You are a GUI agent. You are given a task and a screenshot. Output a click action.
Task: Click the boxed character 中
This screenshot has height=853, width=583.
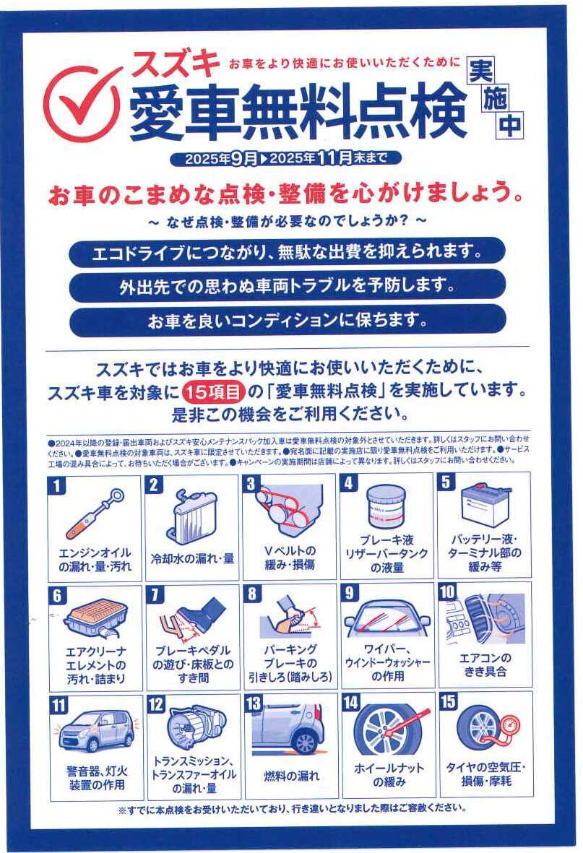510,125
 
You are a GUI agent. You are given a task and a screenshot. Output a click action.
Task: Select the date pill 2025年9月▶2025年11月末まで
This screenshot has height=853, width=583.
286,158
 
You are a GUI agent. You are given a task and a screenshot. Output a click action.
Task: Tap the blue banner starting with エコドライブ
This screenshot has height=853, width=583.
288,252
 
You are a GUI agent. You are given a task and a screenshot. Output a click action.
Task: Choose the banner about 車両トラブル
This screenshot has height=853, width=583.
288,286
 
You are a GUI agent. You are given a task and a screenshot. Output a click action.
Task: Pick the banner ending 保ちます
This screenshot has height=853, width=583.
288,321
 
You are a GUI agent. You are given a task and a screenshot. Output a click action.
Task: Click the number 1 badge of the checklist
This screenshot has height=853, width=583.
56,485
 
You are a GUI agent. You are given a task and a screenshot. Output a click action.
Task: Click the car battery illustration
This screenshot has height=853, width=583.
485,505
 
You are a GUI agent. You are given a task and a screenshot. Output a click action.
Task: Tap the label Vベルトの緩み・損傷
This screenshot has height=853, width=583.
289,558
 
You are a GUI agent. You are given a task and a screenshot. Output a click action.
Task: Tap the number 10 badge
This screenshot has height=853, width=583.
447,592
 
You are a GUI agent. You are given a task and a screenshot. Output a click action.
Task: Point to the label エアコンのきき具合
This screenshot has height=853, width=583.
485,664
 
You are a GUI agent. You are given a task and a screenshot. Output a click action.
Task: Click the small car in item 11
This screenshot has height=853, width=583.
96,731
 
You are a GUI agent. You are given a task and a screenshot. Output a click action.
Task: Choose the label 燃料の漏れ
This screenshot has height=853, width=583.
291,776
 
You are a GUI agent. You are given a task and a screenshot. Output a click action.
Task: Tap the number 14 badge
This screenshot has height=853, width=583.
351,702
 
